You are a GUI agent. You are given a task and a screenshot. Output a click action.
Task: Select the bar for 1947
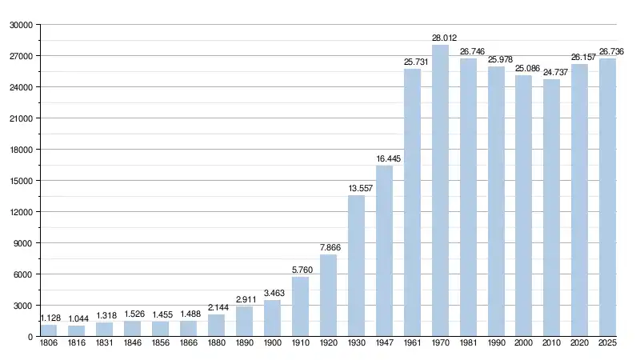pos(384,251)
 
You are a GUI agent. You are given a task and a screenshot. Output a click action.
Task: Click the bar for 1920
pos(328,295)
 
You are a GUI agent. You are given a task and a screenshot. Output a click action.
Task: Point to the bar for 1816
pos(76,330)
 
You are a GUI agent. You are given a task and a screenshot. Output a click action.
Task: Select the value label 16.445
pos(388,158)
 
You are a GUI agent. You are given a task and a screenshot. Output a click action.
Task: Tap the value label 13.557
pos(360,189)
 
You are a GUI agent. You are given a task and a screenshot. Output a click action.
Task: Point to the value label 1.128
pos(50,318)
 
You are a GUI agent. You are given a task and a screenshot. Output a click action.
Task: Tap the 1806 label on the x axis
pos(48,344)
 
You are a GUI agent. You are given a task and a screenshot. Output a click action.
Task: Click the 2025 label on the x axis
pos(608,344)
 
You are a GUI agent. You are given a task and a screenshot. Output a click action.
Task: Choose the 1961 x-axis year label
pos(412,344)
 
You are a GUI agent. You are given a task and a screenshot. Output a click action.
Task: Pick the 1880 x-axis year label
pos(216,344)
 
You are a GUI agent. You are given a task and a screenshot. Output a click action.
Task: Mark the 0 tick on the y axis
pos(29,337)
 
